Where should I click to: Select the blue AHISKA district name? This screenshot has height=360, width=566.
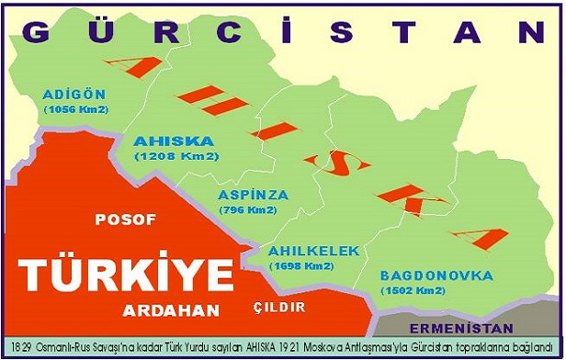coord(174,141)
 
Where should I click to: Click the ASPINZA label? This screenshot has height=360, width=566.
coord(254,195)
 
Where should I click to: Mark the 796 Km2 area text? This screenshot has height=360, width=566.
coord(248,210)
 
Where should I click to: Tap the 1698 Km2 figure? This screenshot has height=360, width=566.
coord(300,265)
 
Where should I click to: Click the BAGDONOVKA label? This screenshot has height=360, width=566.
coord(436,276)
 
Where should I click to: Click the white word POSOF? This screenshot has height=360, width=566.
coord(126,219)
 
